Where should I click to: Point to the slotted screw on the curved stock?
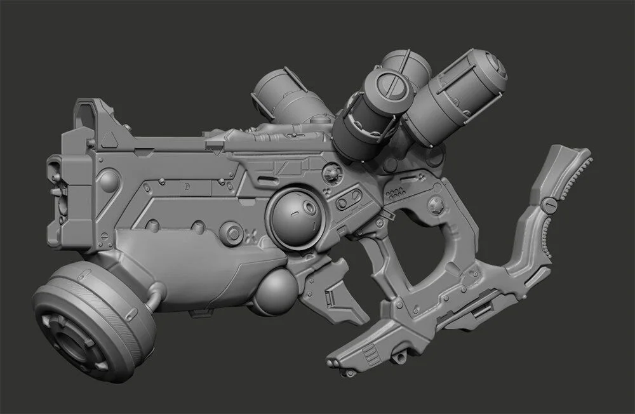(x=550, y=204)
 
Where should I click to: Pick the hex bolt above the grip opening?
(x=435, y=205)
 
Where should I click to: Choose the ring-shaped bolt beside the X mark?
(x=236, y=233)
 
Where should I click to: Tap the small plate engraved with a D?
(x=188, y=185)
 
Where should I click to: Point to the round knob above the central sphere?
(x=330, y=172)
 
